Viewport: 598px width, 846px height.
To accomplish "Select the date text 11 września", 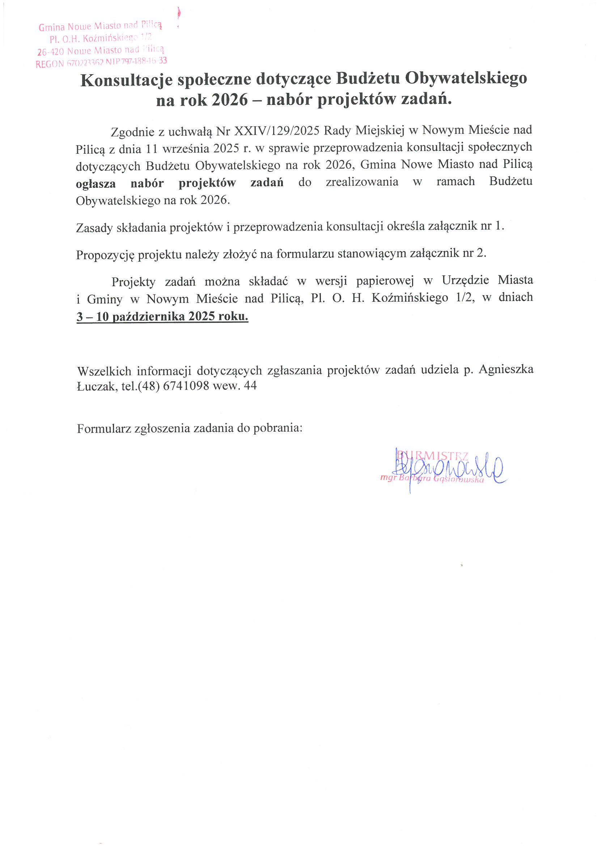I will coord(178,148).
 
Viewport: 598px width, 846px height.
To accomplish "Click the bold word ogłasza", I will coord(96,183).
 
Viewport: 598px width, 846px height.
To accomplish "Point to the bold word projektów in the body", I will coord(207,183).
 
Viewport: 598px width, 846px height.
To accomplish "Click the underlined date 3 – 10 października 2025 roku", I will coord(162,317).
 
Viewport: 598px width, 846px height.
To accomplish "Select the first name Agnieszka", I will coord(505,369).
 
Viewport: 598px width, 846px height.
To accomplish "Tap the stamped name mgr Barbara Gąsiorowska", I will coord(432,479).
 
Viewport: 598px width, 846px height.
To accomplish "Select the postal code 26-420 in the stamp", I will coord(51,52).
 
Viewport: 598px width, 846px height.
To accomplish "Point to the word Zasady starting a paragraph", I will coord(94,228).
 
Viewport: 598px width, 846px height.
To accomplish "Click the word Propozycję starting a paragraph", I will coord(105,255).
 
